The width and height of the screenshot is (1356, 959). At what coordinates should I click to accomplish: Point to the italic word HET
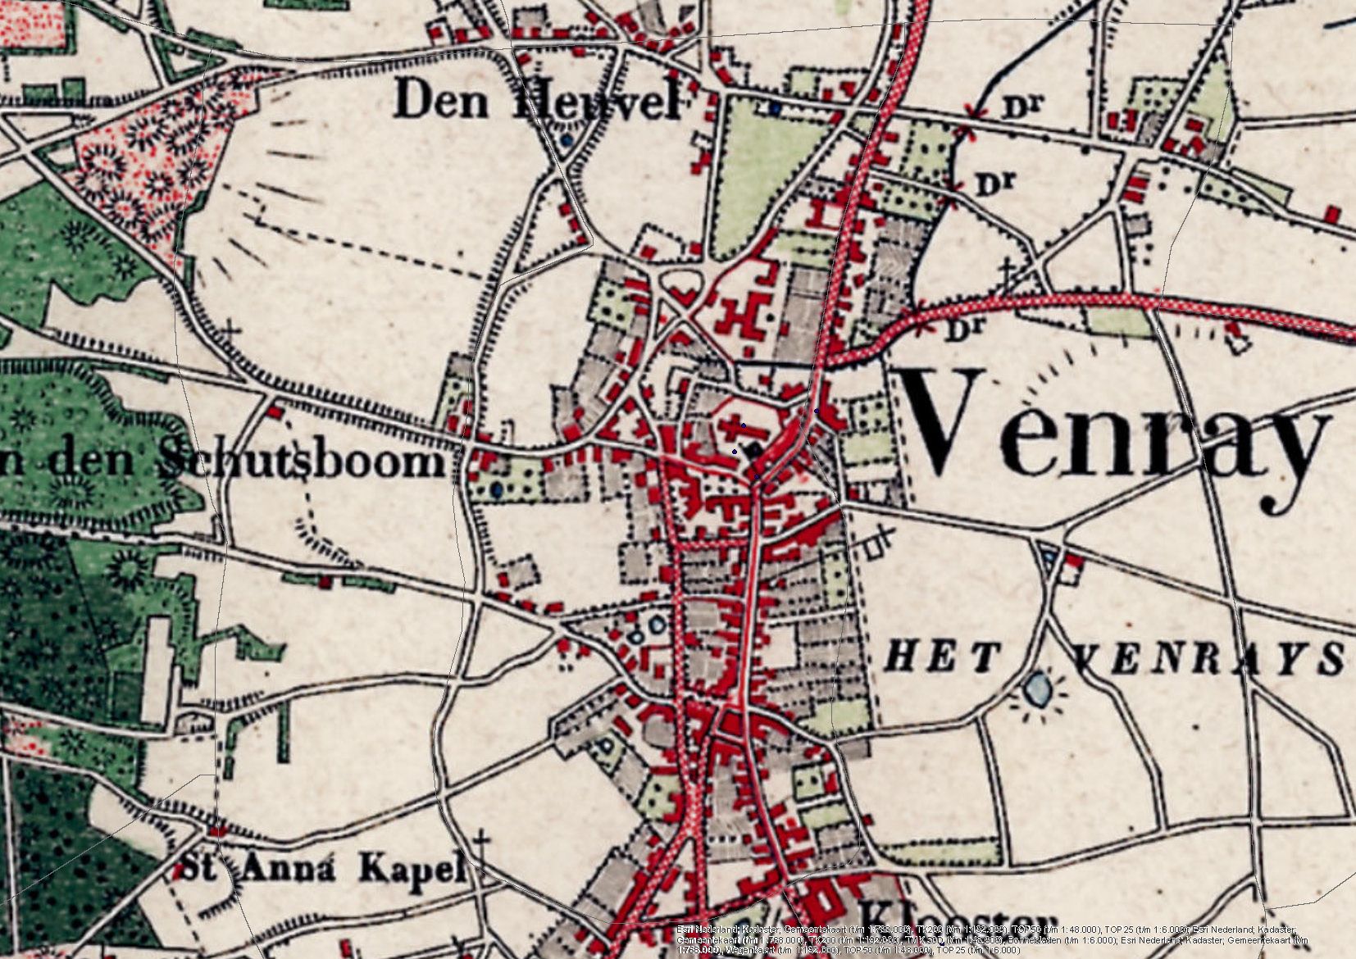click(x=943, y=657)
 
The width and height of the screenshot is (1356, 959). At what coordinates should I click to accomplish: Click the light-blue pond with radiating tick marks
click(x=1038, y=689)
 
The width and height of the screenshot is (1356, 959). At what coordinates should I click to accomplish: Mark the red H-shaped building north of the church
click(x=742, y=316)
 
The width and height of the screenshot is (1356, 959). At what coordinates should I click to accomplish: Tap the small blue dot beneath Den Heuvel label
click(x=567, y=140)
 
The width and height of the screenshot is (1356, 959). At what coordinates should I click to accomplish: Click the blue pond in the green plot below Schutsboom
click(x=497, y=490)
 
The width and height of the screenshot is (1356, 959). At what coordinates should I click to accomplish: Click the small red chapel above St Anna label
click(x=216, y=831)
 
